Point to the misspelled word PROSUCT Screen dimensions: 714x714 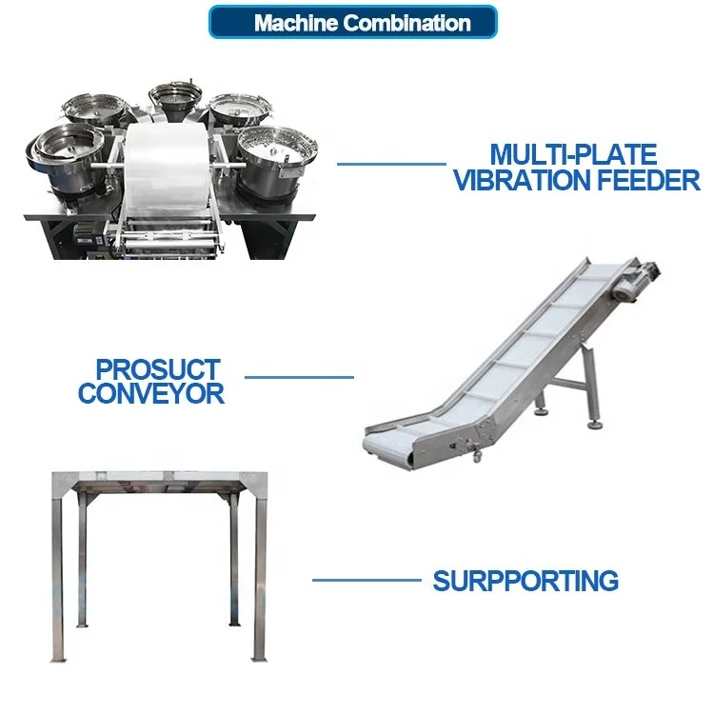click(158, 368)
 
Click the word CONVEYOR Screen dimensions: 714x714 click(151, 393)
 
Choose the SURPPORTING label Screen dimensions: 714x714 click(526, 580)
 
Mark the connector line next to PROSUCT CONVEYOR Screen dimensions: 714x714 click(299, 376)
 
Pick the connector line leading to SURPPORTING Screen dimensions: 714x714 click(367, 579)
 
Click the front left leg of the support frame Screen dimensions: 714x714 click(56, 581)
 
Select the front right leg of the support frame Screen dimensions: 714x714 click(258, 581)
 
